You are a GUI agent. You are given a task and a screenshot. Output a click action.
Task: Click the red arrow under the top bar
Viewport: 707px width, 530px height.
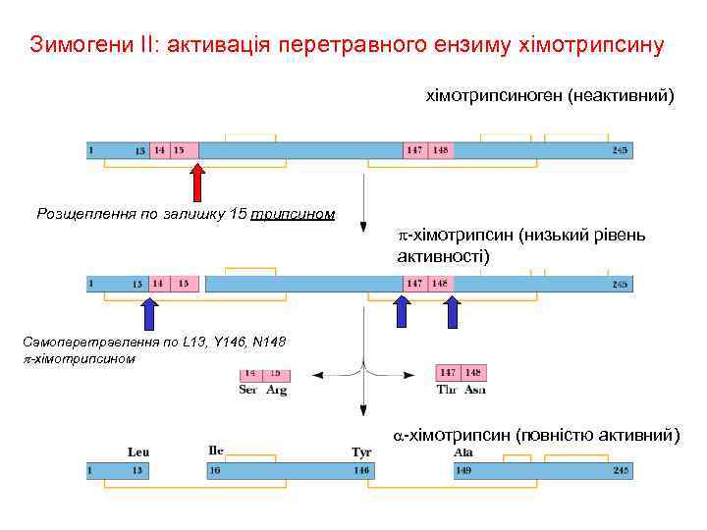click(x=197, y=183)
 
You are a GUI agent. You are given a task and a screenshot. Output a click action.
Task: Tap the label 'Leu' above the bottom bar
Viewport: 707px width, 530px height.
click(x=138, y=452)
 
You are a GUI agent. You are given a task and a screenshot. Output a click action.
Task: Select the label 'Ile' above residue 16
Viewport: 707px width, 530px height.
click(x=216, y=451)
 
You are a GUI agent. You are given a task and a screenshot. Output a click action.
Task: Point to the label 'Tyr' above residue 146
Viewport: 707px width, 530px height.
click(x=360, y=452)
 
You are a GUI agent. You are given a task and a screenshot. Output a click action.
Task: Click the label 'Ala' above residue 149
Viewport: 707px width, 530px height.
click(x=463, y=452)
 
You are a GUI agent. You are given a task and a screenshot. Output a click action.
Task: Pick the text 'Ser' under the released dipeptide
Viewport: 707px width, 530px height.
click(x=249, y=390)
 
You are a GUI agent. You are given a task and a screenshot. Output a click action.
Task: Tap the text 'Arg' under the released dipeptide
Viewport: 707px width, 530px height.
click(x=276, y=390)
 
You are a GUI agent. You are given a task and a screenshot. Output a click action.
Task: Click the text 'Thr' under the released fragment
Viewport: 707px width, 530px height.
click(x=447, y=390)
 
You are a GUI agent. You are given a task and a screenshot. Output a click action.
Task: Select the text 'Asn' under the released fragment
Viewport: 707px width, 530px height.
click(x=474, y=390)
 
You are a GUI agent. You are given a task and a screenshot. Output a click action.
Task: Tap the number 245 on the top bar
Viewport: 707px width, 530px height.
click(x=619, y=150)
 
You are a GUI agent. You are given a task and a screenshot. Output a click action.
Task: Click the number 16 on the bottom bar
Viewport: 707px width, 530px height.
click(x=214, y=471)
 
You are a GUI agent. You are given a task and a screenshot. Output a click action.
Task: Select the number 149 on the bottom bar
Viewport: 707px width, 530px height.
click(x=462, y=471)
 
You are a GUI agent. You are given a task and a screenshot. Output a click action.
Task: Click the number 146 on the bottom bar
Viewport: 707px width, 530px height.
click(x=361, y=471)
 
